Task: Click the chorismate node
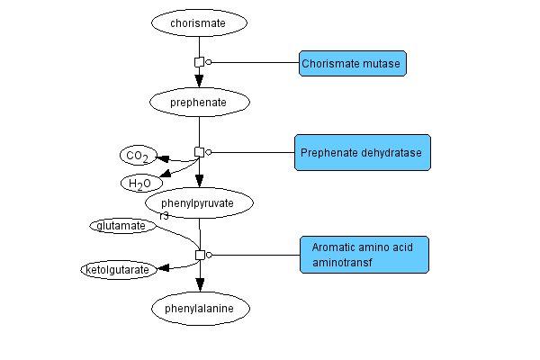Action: coord(200,22)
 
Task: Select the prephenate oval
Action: coord(200,103)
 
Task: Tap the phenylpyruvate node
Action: coord(200,203)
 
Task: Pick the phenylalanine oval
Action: coord(200,309)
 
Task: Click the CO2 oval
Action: coord(138,157)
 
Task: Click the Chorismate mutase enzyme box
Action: coord(352,63)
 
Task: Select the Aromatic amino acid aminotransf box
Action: coord(363,255)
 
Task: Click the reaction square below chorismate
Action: coord(200,62)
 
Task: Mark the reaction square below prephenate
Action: coord(200,152)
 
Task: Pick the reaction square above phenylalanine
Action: coord(200,255)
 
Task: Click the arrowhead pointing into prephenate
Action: coord(200,82)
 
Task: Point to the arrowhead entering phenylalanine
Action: coord(200,284)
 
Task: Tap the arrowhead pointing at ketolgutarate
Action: coord(165,268)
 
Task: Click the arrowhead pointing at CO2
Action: coord(165,160)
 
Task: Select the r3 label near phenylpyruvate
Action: coord(164,216)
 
